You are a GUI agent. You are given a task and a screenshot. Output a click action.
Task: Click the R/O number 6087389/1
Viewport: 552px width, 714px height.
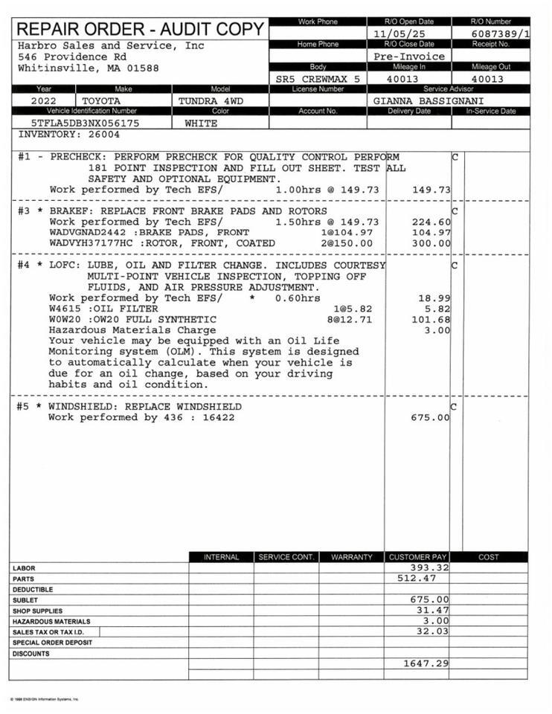pos(501,34)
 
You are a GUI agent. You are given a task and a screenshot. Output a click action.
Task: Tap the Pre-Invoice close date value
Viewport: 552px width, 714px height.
pos(409,56)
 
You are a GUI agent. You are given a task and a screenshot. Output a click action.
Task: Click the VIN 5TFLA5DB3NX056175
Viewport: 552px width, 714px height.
pos(85,123)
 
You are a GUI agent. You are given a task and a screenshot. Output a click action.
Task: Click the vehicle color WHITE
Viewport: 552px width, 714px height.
pos(201,123)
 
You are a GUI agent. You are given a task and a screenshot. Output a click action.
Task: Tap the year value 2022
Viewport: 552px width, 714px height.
pos(43,100)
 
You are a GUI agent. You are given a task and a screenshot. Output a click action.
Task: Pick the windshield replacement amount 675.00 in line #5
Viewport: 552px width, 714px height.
pos(431,418)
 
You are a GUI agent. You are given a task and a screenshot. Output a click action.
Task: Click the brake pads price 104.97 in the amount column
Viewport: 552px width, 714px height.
pos(431,233)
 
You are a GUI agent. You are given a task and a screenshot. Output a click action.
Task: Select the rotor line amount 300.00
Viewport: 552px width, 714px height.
pos(431,243)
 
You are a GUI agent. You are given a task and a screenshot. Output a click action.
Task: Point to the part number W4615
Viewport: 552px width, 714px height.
pos(64,309)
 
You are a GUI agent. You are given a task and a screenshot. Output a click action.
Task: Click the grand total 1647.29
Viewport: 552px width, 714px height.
pos(426,663)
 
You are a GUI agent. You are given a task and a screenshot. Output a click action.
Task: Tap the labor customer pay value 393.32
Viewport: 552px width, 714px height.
pos(429,567)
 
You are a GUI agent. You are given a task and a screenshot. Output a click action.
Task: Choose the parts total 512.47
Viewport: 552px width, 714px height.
pos(417,578)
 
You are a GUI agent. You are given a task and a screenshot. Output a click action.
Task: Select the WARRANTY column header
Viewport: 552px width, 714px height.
pos(351,557)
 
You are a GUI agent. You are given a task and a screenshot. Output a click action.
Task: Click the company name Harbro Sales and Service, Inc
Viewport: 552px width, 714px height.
pos(110,45)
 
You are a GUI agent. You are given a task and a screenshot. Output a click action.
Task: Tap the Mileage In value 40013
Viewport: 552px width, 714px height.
pos(402,79)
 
